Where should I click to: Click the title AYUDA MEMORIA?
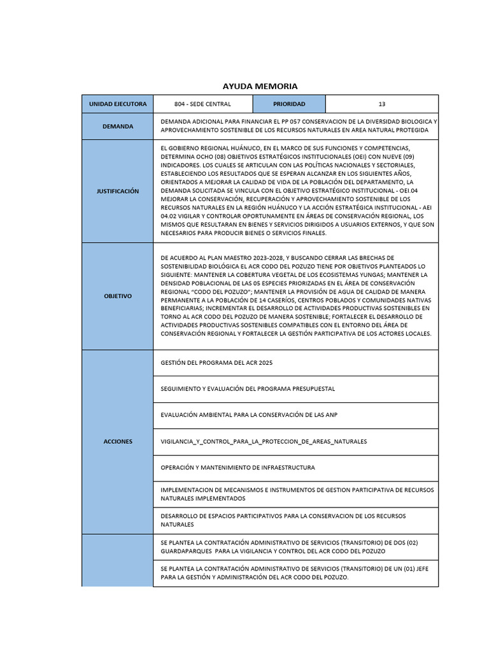[x=251, y=86]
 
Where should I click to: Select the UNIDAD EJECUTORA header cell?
[x=117, y=104]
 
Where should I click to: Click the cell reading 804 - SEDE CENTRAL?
[x=202, y=104]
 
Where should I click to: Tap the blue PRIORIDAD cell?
[x=289, y=104]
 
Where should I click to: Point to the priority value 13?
[x=381, y=104]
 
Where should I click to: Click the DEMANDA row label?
[x=117, y=126]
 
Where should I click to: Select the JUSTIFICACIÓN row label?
[x=117, y=191]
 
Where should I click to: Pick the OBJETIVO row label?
[x=117, y=296]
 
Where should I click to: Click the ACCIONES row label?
[x=117, y=441]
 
